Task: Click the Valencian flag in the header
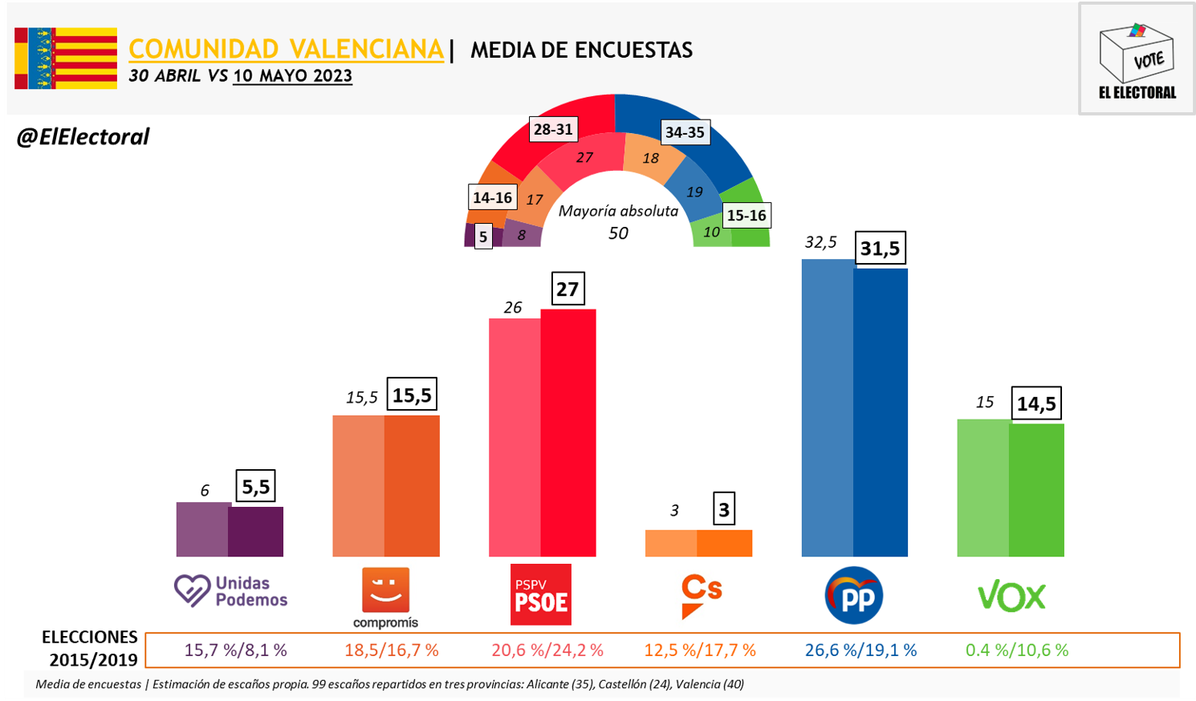(x=66, y=59)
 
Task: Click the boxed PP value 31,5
(x=880, y=248)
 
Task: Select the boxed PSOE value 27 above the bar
(x=567, y=289)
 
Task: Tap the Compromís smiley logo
(x=386, y=590)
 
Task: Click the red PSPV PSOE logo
(x=541, y=594)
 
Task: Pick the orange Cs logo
(x=701, y=595)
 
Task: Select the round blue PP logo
(x=854, y=596)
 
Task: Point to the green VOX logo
(x=1011, y=597)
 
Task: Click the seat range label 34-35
(x=685, y=132)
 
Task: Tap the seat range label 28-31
(x=553, y=129)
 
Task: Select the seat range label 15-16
(x=746, y=215)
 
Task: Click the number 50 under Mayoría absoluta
(x=618, y=233)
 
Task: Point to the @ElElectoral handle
(x=83, y=137)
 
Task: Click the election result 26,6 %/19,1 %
(x=860, y=650)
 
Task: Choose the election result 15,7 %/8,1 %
(x=235, y=650)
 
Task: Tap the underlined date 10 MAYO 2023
(x=292, y=76)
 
